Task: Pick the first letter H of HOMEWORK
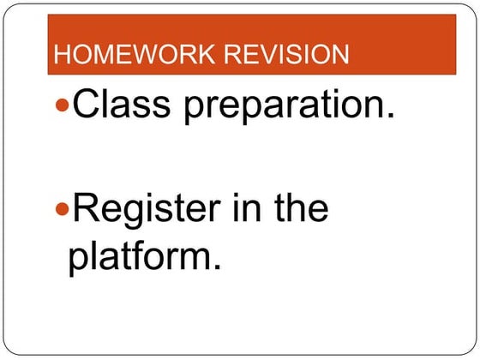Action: pos(61,56)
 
